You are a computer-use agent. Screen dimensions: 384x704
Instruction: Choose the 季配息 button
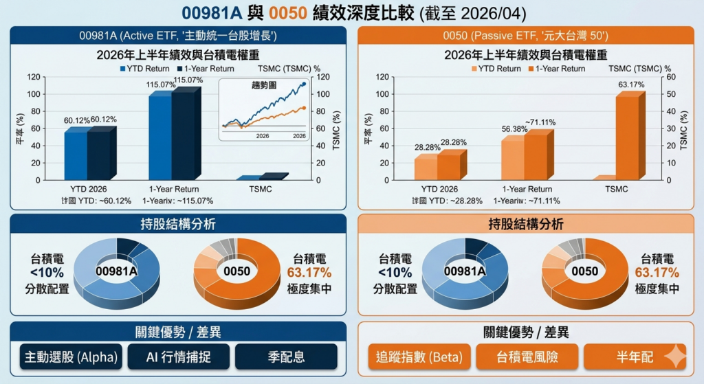pyautogui.click(x=286, y=357)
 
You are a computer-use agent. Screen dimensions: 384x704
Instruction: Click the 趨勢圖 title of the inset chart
pyautogui.click(x=264, y=87)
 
